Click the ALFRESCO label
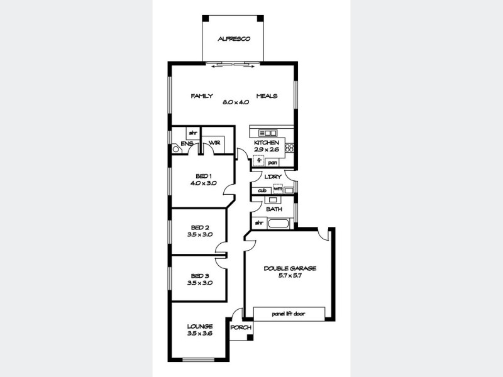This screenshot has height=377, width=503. (x=234, y=39)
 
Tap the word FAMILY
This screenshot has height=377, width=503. (x=202, y=96)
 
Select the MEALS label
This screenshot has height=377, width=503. (x=267, y=96)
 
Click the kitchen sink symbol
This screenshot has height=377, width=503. (x=268, y=133)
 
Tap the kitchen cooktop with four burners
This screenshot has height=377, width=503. (x=290, y=148)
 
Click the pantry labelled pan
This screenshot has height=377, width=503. (x=273, y=163)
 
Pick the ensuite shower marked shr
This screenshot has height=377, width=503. (x=193, y=133)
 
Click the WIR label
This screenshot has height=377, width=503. (x=214, y=144)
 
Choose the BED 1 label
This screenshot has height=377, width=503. (x=203, y=176)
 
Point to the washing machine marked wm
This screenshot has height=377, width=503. (x=277, y=189)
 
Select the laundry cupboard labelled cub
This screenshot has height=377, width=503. (x=262, y=190)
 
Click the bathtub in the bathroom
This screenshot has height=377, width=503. (x=279, y=223)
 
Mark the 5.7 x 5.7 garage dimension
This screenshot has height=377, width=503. (x=290, y=275)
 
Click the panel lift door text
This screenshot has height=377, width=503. (x=289, y=314)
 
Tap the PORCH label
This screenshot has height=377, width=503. (x=241, y=327)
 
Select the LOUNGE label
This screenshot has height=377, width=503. (x=200, y=327)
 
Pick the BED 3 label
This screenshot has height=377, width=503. (x=200, y=276)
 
